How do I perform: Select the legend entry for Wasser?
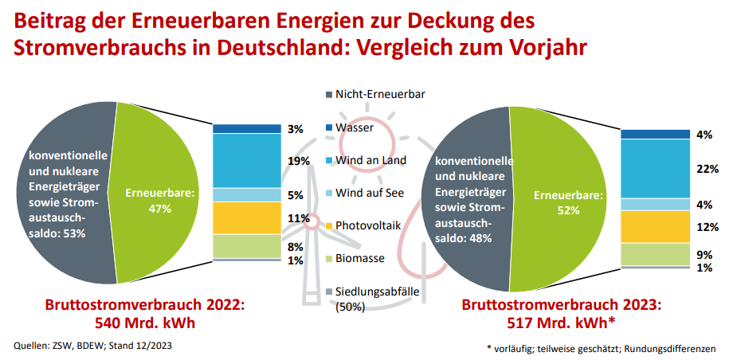354,127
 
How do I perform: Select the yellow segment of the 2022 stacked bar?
247,217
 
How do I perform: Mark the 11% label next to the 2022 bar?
300,217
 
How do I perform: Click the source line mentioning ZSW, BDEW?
93,346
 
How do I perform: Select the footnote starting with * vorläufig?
601,349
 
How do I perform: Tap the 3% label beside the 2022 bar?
296,129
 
